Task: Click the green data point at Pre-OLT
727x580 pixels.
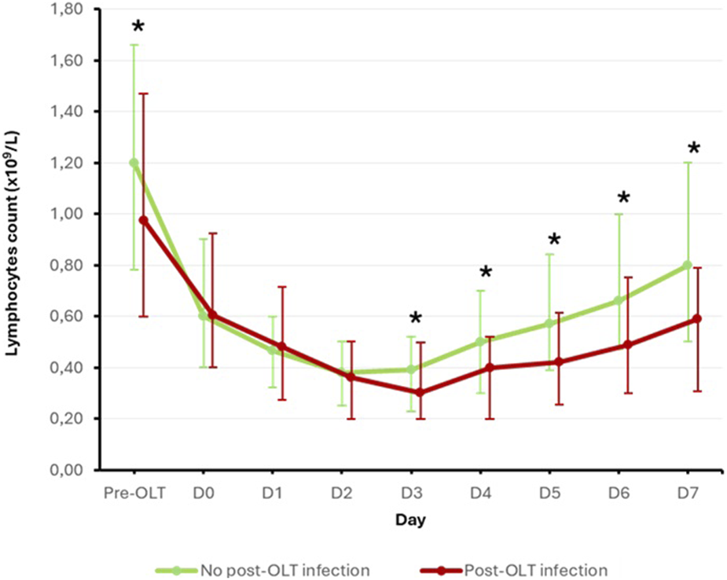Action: pos(134,163)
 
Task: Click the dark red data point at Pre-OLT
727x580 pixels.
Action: pos(143,220)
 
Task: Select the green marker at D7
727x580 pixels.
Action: pos(688,265)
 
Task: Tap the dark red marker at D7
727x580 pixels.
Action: pos(697,318)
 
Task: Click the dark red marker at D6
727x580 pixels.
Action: pos(627,345)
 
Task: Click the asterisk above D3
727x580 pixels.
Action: pos(416,319)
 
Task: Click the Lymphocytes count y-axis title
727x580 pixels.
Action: pos(14,236)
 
